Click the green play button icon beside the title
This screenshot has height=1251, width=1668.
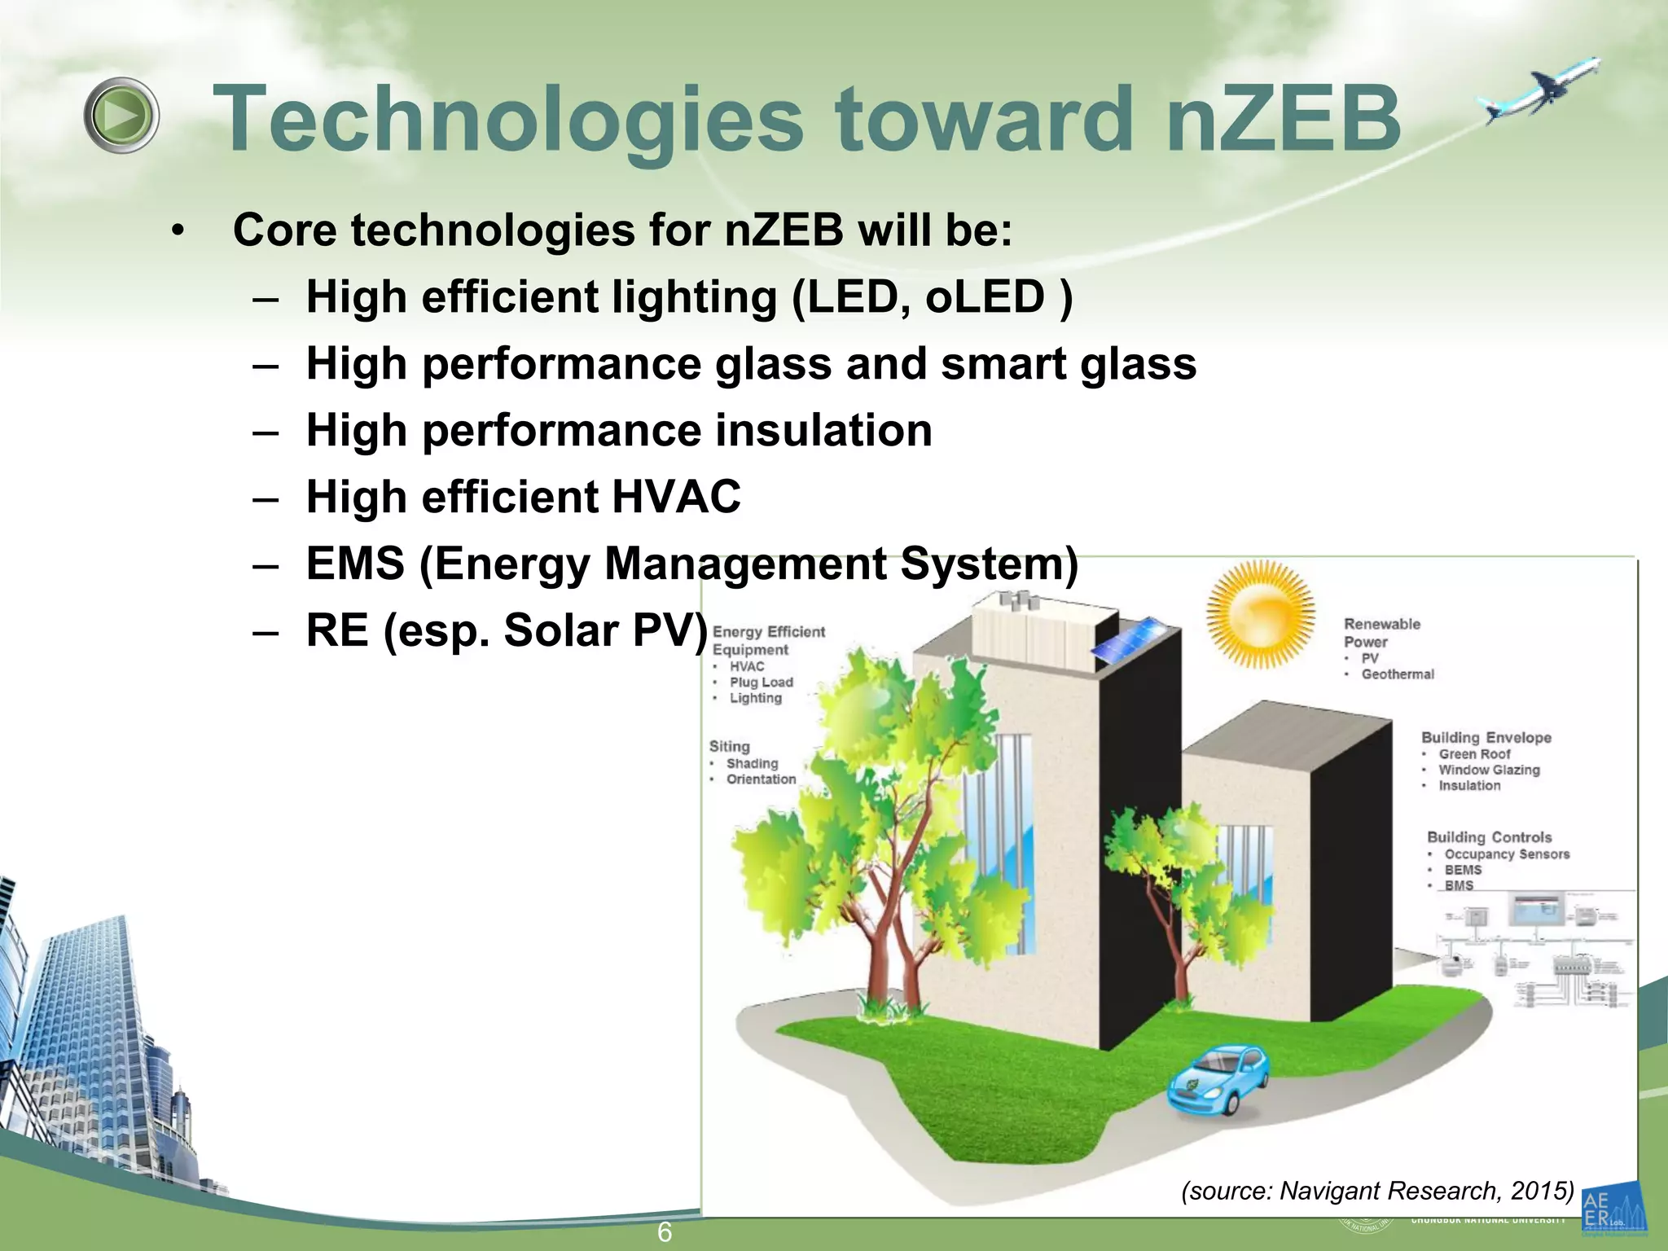(x=121, y=116)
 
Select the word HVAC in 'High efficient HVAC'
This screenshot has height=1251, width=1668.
(x=676, y=496)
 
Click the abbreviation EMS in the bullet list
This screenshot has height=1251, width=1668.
(x=355, y=563)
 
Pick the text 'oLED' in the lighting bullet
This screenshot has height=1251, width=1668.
(x=985, y=296)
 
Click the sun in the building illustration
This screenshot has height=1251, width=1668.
(x=1260, y=614)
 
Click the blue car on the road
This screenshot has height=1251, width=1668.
(x=1219, y=1079)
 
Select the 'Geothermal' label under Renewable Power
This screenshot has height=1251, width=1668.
(x=1398, y=674)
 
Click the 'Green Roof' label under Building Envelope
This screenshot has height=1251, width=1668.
(x=1474, y=754)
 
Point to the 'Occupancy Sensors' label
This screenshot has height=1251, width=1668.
(x=1507, y=854)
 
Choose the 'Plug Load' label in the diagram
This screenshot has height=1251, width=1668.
(x=761, y=683)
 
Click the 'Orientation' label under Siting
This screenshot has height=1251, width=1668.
(x=761, y=779)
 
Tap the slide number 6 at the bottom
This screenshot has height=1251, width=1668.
(x=665, y=1232)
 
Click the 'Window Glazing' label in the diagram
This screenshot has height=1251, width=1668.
(x=1489, y=770)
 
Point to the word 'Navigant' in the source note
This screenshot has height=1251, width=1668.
(x=1331, y=1191)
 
